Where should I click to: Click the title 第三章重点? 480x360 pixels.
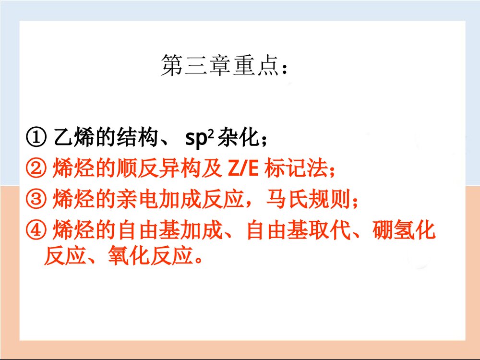tap(225, 66)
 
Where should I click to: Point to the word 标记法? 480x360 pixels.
tap(294, 168)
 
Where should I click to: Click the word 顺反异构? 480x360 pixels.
tap(159, 168)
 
